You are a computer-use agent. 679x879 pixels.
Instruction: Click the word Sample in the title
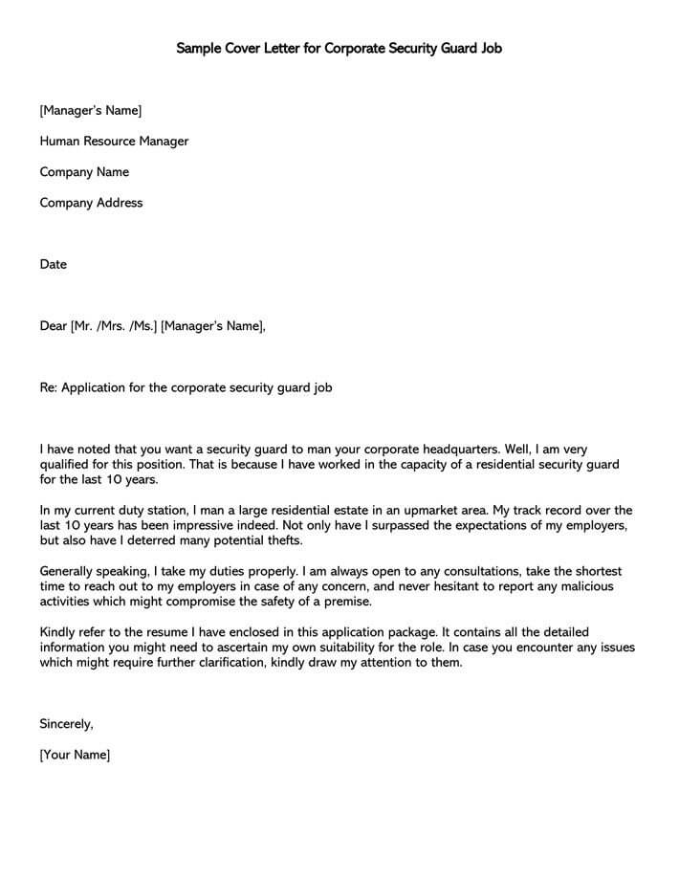pyautogui.click(x=200, y=48)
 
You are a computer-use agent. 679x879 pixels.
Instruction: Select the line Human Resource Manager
pyautogui.click(x=114, y=142)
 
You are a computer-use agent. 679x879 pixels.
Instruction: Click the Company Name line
pyautogui.click(x=84, y=172)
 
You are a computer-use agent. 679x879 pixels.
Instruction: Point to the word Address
pyautogui.click(x=120, y=203)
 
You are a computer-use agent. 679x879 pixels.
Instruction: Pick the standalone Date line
pyautogui.click(x=54, y=264)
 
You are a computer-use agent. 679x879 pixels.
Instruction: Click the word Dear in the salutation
pyautogui.click(x=54, y=326)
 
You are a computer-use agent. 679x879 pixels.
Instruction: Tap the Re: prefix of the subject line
pyautogui.click(x=48, y=387)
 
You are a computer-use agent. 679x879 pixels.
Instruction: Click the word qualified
pyautogui.click(x=67, y=464)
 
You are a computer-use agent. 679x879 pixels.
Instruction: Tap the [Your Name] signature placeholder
pyautogui.click(x=75, y=755)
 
